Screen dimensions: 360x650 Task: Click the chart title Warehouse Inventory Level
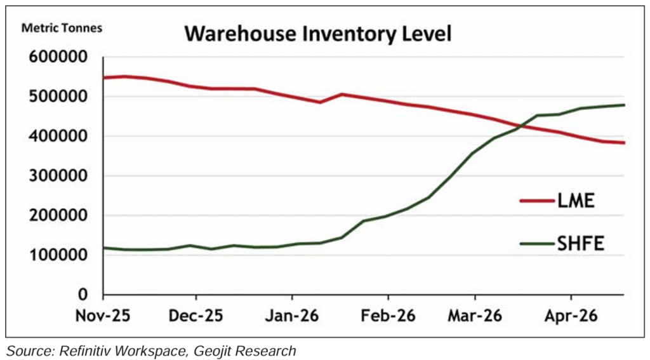(317, 33)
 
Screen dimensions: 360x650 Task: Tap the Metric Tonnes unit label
(62, 28)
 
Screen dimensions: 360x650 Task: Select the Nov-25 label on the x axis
(104, 315)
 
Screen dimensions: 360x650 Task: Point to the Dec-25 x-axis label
(197, 315)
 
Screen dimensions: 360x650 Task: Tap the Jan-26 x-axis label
(292, 315)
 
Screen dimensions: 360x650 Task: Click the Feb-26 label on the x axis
(388, 315)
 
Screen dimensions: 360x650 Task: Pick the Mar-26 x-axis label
(475, 315)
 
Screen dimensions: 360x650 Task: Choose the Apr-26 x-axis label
(571, 315)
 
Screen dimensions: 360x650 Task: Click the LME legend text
(576, 202)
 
